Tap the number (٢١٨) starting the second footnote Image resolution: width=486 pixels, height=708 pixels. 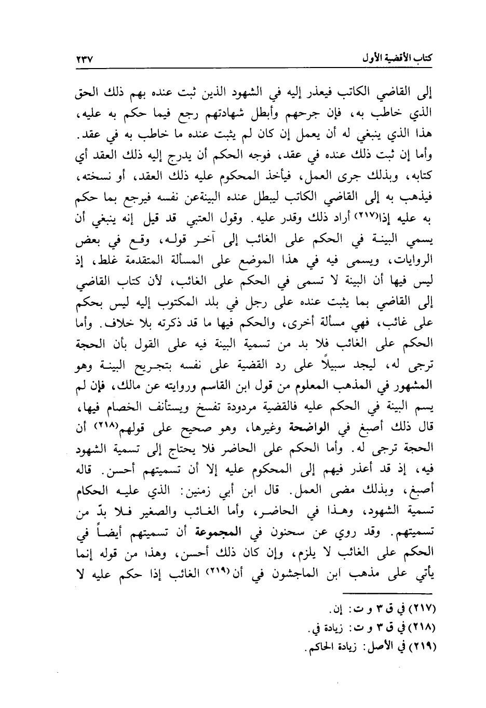tap(422, 628)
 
